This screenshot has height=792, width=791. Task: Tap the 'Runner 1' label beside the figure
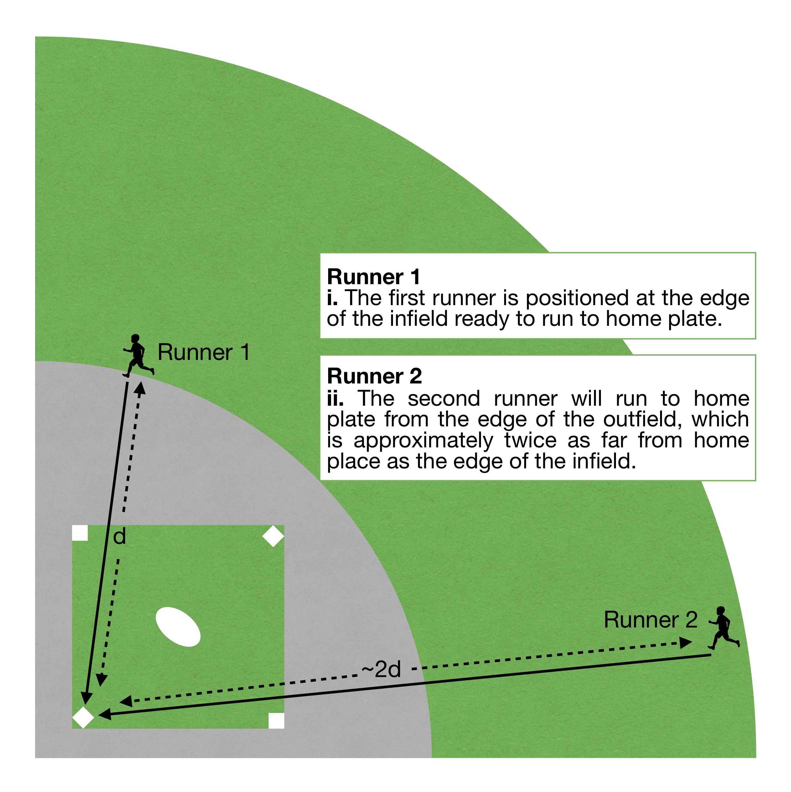(x=204, y=352)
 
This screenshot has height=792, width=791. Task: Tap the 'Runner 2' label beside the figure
(x=650, y=620)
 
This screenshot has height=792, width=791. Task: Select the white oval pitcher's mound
(x=178, y=626)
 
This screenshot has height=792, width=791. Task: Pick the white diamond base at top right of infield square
(x=273, y=536)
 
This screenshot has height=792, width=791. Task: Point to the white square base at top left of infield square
(x=80, y=533)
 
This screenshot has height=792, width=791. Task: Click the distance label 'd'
(x=119, y=537)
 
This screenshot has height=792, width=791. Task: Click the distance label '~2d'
(x=381, y=670)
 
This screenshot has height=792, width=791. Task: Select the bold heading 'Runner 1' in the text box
(x=373, y=277)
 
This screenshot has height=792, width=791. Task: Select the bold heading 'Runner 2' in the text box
(x=374, y=376)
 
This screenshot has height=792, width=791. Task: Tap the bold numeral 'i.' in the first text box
(x=332, y=298)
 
